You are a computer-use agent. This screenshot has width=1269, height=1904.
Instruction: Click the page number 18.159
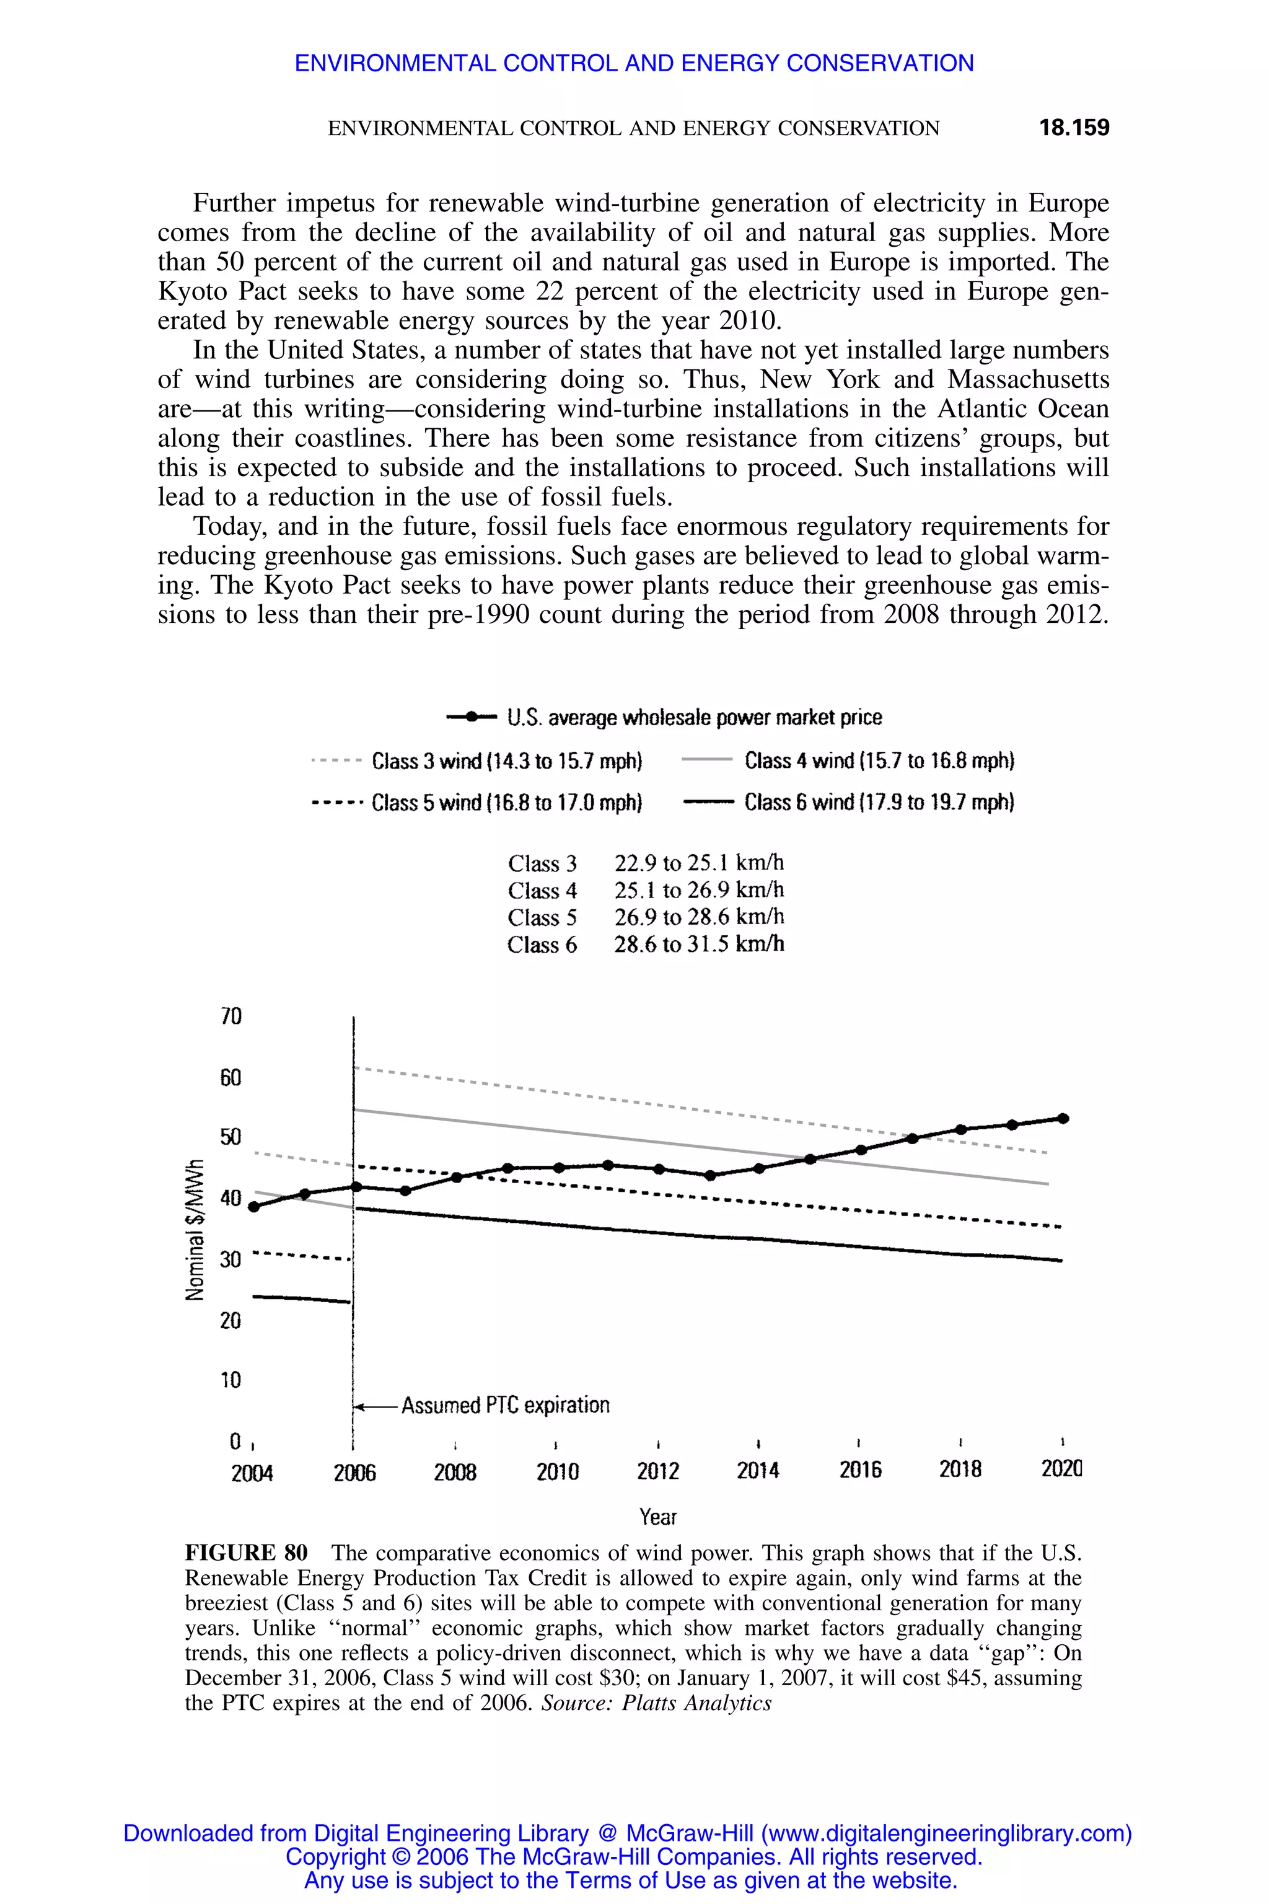coord(1074,128)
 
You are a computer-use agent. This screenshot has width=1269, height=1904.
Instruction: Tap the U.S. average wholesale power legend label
coord(695,717)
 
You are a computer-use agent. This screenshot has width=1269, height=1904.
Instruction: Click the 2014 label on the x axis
coord(758,1471)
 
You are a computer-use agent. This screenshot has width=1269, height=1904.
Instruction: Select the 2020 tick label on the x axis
coord(1061,1470)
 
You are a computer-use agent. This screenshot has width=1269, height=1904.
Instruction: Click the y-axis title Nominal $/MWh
coord(194,1230)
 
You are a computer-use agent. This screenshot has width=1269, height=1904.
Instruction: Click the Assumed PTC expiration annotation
coord(505,1405)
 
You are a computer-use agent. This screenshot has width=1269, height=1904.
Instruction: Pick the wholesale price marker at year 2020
coord(1063,1119)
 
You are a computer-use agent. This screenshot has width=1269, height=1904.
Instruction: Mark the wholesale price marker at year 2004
coord(254,1206)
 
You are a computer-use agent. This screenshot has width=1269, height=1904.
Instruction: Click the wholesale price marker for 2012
coord(659,1169)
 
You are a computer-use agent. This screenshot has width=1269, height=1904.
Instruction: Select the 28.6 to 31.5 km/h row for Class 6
coord(698,945)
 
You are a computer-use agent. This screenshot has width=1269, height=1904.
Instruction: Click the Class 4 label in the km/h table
coord(542,891)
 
